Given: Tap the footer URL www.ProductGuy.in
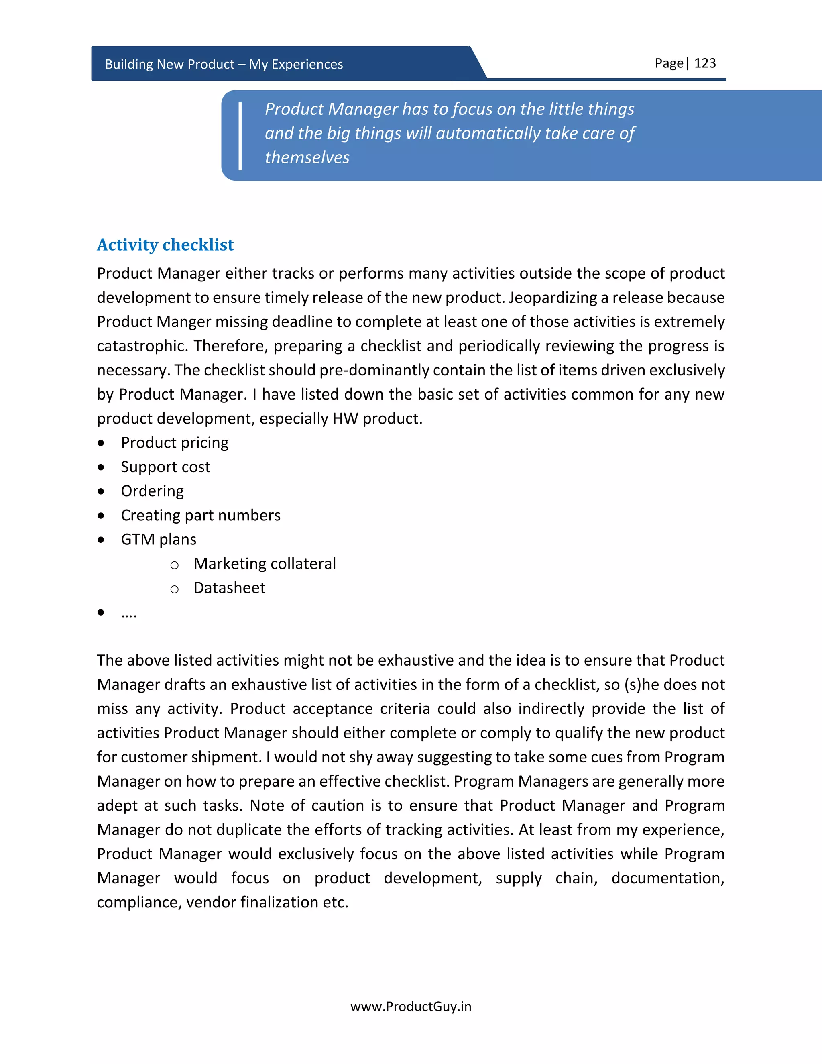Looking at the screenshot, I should pyautogui.click(x=411, y=1007).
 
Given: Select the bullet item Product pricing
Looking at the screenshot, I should pyautogui.click(x=174, y=443).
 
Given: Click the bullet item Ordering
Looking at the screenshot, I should pyautogui.click(x=152, y=491).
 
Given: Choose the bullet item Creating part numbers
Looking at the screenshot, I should pyautogui.click(x=200, y=516).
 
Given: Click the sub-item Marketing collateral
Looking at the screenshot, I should pyautogui.click(x=265, y=564).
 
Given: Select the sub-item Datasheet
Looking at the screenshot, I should pyautogui.click(x=229, y=588).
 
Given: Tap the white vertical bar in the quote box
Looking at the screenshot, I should pyautogui.click(x=240, y=136).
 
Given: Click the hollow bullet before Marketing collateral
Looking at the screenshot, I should pyautogui.click(x=174, y=565).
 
